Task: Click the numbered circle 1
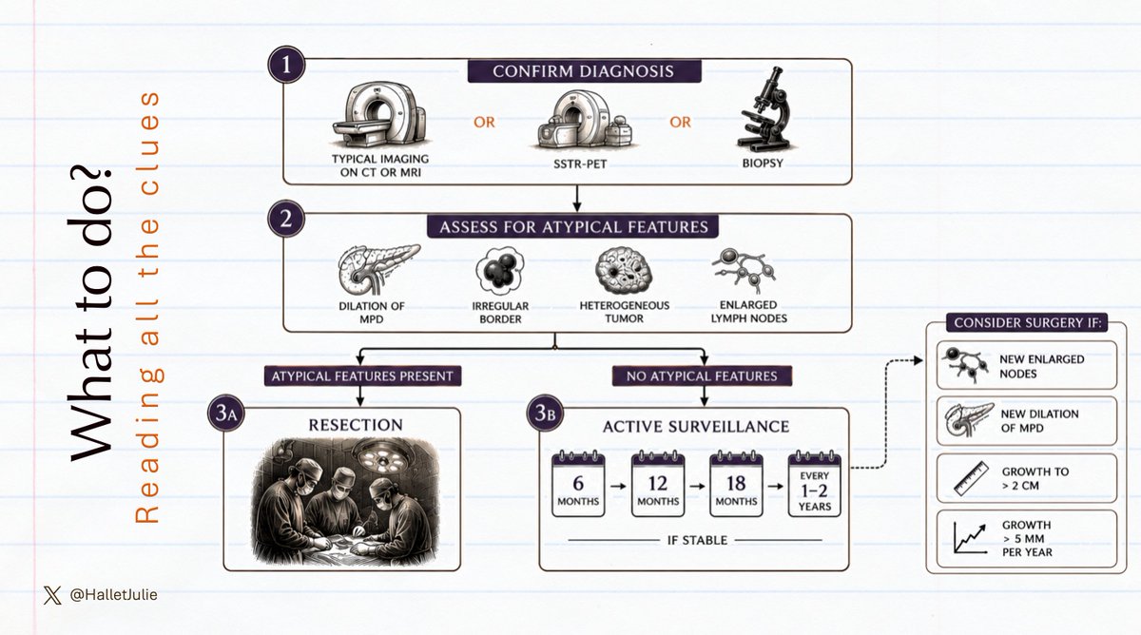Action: [x=286, y=65]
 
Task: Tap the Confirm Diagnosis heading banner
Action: [x=584, y=71]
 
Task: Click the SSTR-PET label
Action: [x=580, y=164]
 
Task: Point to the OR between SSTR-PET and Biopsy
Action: [x=680, y=123]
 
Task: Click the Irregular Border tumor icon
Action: [x=500, y=270]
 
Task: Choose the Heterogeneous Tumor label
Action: [x=625, y=312]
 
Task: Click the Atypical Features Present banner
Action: [x=362, y=376]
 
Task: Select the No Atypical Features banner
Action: [x=702, y=376]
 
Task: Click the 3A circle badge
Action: [x=226, y=413]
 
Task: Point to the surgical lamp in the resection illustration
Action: [x=382, y=455]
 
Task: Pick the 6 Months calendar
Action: [x=578, y=484]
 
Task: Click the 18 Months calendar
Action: [x=736, y=484]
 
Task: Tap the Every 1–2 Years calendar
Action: [x=815, y=484]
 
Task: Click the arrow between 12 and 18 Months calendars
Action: [x=697, y=487]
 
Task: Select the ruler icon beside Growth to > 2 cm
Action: [x=971, y=479]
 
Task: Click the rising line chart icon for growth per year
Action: [x=970, y=538]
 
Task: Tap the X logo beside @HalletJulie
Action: [x=52, y=595]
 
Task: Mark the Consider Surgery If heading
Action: [x=1028, y=323]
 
